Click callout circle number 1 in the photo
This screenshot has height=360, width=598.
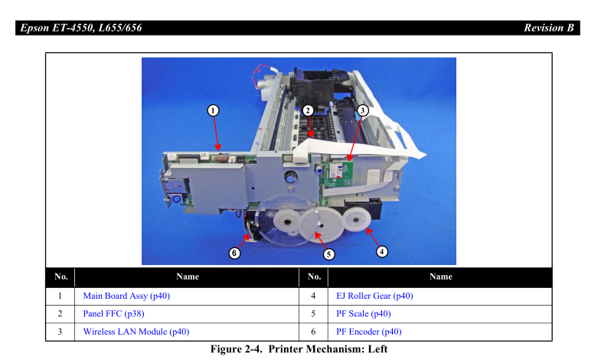[213, 110]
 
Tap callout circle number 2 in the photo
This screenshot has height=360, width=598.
[308, 110]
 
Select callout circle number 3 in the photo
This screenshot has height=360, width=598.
[362, 110]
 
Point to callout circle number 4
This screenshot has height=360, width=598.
[381, 252]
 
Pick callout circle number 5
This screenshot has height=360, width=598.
[328, 254]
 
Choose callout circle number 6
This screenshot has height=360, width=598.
[234, 253]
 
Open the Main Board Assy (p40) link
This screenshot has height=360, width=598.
[126, 296]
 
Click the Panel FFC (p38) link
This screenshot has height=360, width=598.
[113, 314]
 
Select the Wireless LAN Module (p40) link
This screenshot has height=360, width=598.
[136, 332]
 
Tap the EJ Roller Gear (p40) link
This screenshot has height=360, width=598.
[374, 296]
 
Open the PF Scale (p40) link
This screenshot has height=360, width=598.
[364, 314]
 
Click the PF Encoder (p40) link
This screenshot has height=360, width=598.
[369, 332]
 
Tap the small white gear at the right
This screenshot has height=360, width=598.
[356, 219]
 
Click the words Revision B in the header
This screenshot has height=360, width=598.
[549, 28]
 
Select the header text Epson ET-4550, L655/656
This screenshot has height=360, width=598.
[81, 28]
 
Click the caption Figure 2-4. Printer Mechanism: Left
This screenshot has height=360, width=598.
[299, 349]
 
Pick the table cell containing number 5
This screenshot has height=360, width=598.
[313, 314]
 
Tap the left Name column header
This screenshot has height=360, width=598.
[188, 277]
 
